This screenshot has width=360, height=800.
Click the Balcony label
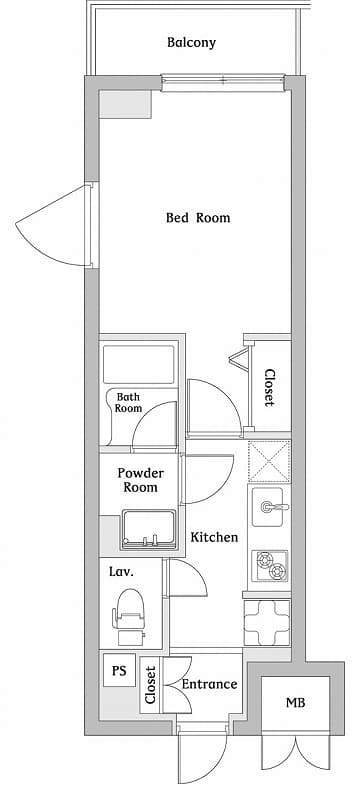pos(191,43)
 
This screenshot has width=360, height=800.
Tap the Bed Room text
pos(198,218)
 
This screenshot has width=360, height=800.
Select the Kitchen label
pos(214,537)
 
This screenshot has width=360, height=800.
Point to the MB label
pos(295,703)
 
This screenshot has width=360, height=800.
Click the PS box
pos(119,670)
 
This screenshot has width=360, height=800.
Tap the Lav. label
pos(121,572)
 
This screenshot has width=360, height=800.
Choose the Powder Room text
pos(140,480)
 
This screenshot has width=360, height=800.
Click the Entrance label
pos(210,684)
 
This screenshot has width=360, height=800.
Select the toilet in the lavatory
pos(129,617)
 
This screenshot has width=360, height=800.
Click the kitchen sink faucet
pos(274,507)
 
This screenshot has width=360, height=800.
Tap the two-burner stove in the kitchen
pos(270,566)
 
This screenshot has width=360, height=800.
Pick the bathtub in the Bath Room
pos(139,364)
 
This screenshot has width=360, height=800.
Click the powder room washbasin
pos(148,530)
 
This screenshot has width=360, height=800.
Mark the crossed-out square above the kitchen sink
pos(269,462)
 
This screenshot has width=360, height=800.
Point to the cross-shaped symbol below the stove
pos(267,622)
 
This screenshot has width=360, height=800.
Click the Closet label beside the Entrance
pos(150,685)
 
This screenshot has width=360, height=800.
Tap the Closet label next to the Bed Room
pos(269,388)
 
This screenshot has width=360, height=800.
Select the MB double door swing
pos(296,752)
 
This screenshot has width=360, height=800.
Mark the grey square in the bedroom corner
pos(125,104)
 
